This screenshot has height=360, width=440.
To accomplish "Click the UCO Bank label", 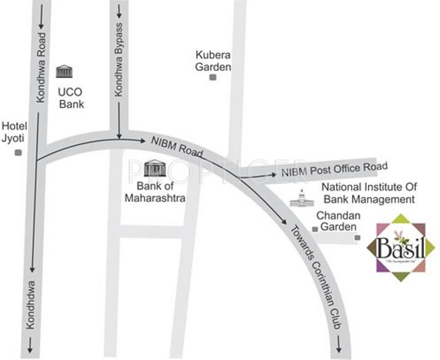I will click(71, 98).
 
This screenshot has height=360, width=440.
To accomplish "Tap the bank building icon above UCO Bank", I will click(64, 71).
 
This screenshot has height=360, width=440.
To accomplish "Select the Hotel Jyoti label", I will click(14, 132).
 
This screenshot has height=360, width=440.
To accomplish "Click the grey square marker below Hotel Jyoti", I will click(18, 152).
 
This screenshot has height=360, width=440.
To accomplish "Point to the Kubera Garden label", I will click(213, 60).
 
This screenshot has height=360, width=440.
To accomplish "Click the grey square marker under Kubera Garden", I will click(213, 78).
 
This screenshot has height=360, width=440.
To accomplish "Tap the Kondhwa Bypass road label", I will click(119, 60).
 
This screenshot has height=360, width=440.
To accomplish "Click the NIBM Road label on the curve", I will click(177, 146).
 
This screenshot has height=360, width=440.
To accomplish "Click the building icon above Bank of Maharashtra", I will click(154, 167).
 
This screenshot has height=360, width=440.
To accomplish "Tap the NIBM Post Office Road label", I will click(334, 169).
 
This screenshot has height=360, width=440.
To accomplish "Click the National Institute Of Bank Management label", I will click(369, 193).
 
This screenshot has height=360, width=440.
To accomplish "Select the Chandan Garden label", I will click(337, 222).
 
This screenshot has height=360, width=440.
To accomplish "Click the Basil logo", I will click(401, 247).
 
